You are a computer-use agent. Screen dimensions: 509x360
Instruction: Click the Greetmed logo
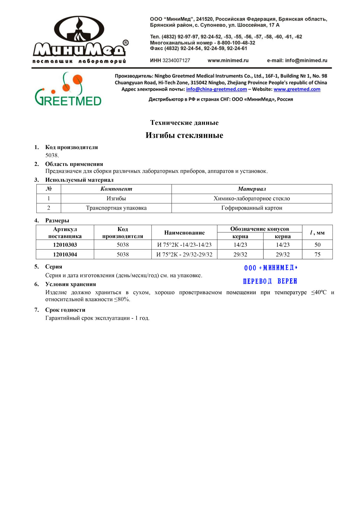pyautogui.click(x=68, y=89)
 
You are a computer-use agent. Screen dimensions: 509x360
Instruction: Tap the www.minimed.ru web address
pyautogui.click(x=228, y=60)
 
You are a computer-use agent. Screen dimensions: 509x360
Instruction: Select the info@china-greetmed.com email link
pyautogui.click(x=216, y=89)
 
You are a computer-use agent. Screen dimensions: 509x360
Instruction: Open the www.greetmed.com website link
pyautogui.click(x=297, y=89)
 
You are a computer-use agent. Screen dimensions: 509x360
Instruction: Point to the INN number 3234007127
pyautogui.click(x=176, y=60)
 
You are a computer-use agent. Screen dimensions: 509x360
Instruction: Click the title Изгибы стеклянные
pyautogui.click(x=184, y=135)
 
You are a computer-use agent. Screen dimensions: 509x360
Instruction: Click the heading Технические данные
pyautogui.click(x=184, y=123)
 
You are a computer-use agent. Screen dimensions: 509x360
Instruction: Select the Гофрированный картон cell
pyautogui.click(x=252, y=208)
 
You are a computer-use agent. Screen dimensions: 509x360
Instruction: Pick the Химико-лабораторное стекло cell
pyautogui.click(x=252, y=198)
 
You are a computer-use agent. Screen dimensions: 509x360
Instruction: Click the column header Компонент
pyautogui.click(x=116, y=189)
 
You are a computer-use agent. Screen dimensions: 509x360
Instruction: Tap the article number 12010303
pyautogui.click(x=65, y=245)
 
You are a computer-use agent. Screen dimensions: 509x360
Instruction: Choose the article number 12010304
pyautogui.click(x=65, y=254)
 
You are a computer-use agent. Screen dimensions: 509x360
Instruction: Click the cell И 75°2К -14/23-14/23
pyautogui.click(x=184, y=245)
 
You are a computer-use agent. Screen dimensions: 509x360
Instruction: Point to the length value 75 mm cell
pyautogui.click(x=317, y=254)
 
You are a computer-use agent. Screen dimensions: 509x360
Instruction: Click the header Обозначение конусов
pyautogui.click(x=259, y=229)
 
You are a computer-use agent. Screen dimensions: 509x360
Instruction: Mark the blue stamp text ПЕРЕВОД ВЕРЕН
pyautogui.click(x=270, y=281)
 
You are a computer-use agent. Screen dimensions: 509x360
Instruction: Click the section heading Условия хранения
pyautogui.click(x=70, y=284)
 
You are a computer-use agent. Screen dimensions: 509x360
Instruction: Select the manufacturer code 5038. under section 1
pyautogui.click(x=52, y=155)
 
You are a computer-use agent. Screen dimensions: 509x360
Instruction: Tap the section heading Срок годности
pyautogui.click(x=65, y=310)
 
